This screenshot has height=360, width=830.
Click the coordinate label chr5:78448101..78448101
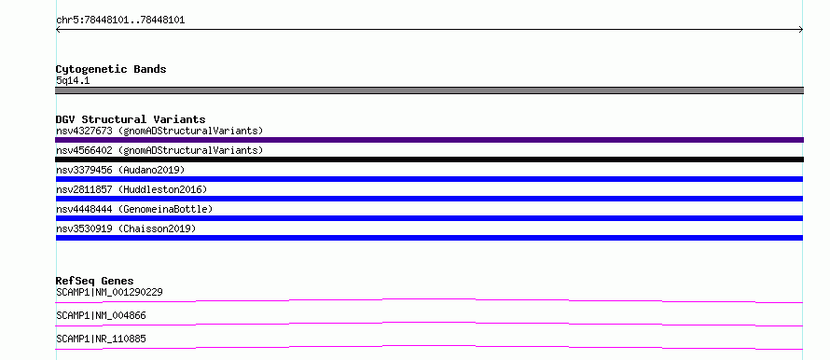(120, 21)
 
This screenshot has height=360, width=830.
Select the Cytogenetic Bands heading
(111, 69)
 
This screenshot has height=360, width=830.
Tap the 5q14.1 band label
(73, 80)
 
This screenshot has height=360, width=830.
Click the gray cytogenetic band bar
(429, 90)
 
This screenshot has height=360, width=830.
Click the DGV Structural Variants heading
(131, 119)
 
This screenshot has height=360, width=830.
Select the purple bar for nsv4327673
(429, 140)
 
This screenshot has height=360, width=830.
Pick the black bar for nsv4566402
(429, 159)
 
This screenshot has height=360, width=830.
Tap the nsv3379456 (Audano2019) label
(120, 170)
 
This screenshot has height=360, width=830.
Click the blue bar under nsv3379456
(429, 179)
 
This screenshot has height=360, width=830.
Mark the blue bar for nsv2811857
(429, 199)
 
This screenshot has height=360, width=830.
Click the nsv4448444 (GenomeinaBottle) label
(134, 209)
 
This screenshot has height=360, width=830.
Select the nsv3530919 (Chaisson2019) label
(126, 228)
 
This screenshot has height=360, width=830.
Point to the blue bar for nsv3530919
(429, 238)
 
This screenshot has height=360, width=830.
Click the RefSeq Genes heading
(95, 281)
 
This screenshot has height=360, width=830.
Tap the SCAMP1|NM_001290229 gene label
(109, 292)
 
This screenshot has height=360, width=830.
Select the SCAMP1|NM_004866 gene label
(101, 315)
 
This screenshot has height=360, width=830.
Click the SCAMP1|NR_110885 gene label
(101, 339)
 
